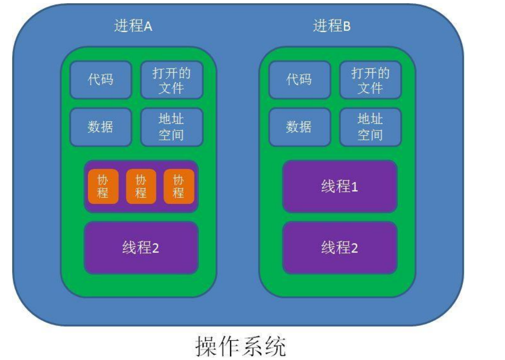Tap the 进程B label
[x=332, y=27]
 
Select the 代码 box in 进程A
[x=101, y=80]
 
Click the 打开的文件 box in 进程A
[x=171, y=80]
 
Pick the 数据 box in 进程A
[x=101, y=127]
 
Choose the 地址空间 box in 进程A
[x=171, y=127]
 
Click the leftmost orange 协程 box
[x=103, y=187]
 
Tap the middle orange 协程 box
[x=141, y=187]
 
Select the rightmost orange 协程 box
[x=179, y=187]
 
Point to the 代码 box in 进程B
[x=299, y=80]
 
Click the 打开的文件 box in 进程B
[x=370, y=80]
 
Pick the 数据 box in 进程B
[x=299, y=127]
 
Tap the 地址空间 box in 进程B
[x=370, y=127]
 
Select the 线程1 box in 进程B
[x=340, y=187]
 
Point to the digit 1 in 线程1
[x=354, y=187]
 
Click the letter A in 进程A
[x=148, y=27]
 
